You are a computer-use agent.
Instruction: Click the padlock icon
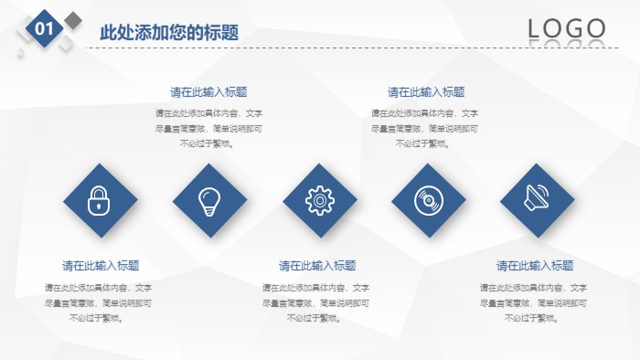coord(100,200)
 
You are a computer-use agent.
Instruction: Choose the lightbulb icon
coord(209,200)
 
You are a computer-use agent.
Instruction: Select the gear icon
coord(319,200)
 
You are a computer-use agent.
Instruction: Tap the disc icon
coord(428,200)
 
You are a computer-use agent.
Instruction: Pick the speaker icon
coord(537,200)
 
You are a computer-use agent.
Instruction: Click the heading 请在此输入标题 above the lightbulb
coord(208,92)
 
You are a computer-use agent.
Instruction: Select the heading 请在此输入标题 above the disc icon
coord(426,92)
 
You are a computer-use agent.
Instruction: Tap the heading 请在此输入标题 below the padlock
coord(101,266)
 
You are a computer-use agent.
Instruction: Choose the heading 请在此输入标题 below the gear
coord(317,266)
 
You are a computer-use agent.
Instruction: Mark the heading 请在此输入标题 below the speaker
coord(535,266)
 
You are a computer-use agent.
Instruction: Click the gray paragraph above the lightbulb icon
coord(208,128)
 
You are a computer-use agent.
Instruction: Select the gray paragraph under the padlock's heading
coord(98,302)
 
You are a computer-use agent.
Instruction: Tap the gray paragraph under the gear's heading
coord(316,302)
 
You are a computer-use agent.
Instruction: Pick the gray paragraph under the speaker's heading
coord(534,302)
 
